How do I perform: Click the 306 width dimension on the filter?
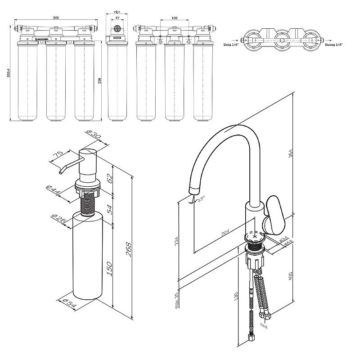point(56,18)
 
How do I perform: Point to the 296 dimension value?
point(100,80)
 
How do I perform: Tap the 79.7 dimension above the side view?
point(117,13)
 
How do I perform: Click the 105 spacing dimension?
point(174,18)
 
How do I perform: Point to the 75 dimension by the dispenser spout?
point(58,156)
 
